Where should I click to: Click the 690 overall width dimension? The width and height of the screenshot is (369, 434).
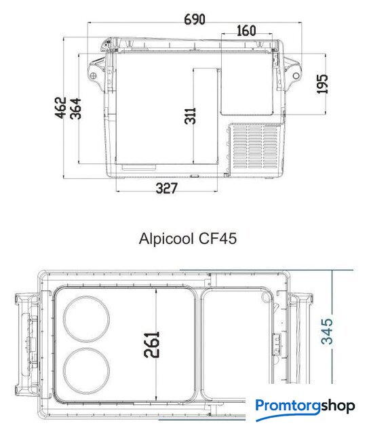click(195, 20)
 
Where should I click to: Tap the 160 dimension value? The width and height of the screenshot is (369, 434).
click(246, 31)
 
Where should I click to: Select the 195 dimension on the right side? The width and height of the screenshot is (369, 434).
click(322, 84)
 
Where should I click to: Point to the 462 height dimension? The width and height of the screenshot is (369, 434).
click(60, 107)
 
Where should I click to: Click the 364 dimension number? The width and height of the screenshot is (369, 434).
click(75, 108)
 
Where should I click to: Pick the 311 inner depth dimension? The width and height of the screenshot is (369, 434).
click(190, 116)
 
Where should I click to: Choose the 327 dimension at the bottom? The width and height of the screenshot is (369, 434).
click(166, 189)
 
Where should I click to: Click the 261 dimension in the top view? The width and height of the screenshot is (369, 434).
click(152, 344)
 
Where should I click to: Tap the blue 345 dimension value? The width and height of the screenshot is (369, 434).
click(327, 332)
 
